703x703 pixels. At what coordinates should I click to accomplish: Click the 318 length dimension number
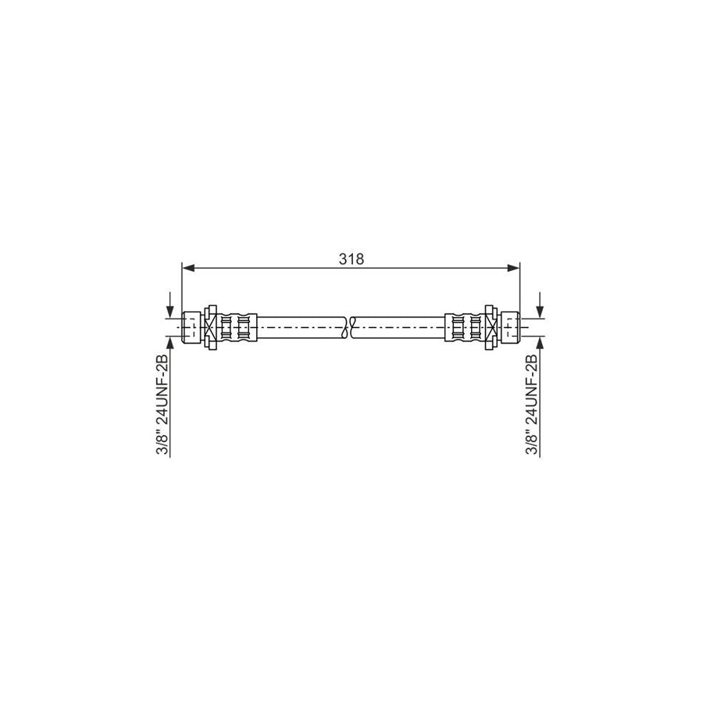pyautogui.click(x=351, y=259)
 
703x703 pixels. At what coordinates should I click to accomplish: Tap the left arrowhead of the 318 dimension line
pyautogui.click(x=187, y=268)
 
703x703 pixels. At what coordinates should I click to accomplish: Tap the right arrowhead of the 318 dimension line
pyautogui.click(x=515, y=268)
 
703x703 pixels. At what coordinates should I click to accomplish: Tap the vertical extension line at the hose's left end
pyautogui.click(x=182, y=289)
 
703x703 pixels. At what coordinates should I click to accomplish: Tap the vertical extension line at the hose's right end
pyautogui.click(x=520, y=289)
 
